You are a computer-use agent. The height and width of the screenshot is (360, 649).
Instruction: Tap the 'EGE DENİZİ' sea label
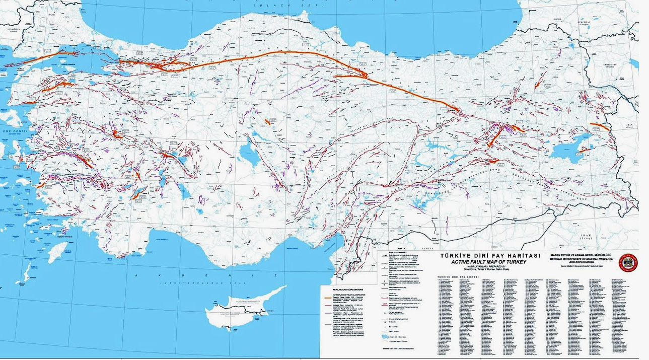[13, 130]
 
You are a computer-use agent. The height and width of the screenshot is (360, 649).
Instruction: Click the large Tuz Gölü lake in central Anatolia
[247, 151]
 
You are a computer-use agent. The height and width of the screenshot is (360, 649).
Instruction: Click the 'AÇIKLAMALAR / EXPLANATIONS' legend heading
[343, 291]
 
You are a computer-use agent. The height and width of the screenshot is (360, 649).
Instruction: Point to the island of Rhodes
[58, 250]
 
